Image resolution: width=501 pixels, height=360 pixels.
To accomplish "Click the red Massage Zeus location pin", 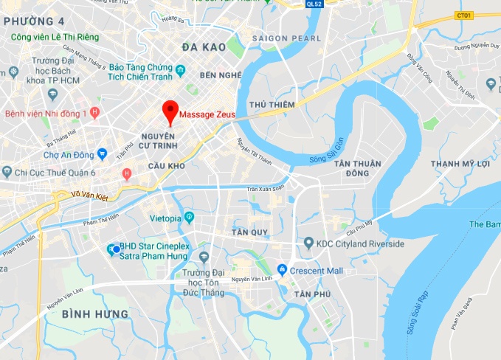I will [171, 111].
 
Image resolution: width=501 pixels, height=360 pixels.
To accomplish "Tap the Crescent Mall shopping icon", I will [282, 269].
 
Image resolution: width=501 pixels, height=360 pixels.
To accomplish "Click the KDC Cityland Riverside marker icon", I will [308, 243].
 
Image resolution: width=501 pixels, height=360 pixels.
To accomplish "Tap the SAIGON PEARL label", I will [286, 38].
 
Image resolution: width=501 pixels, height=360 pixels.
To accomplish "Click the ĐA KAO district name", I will [203, 47].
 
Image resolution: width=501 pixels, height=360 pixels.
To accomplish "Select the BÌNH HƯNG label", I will [95, 314].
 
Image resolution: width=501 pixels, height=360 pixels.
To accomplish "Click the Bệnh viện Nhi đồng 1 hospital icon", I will [94, 113].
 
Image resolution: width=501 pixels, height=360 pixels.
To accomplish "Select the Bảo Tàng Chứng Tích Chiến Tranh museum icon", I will [181, 72].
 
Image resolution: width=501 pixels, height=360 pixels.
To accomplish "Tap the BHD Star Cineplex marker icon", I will [111, 248].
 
